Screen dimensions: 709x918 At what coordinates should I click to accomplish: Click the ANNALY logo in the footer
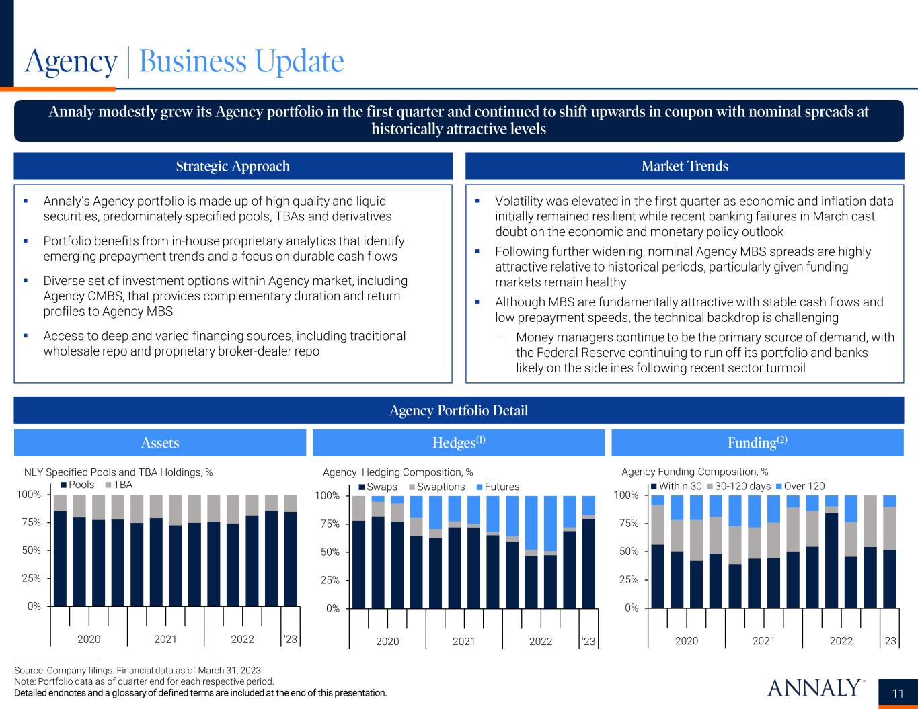tap(814, 687)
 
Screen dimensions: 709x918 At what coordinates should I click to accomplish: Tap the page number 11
tap(898, 694)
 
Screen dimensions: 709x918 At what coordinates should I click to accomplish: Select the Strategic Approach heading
tap(233, 166)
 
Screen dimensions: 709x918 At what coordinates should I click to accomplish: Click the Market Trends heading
tap(685, 166)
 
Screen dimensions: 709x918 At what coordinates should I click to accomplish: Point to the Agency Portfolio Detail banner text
tap(459, 411)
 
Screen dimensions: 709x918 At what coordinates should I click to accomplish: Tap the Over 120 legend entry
tap(804, 486)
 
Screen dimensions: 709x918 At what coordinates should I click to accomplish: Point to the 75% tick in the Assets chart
tap(29, 523)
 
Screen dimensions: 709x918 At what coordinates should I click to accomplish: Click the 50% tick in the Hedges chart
tap(328, 552)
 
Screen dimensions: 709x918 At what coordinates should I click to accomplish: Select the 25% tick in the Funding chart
tap(627, 579)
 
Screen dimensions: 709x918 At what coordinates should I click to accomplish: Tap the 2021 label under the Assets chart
tap(165, 639)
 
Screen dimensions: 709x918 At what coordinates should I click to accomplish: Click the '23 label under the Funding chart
tap(889, 641)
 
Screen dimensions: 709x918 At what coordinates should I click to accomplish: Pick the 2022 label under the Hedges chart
tap(541, 641)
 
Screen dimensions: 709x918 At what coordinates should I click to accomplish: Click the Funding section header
tap(757, 443)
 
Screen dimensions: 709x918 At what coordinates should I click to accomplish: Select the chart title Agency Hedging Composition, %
tap(398, 472)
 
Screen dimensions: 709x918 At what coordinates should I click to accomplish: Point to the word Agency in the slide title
tap(71, 62)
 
